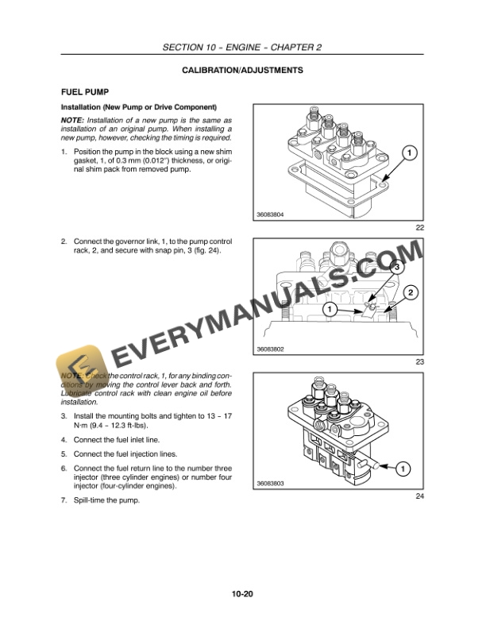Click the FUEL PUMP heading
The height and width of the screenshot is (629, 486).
(86, 92)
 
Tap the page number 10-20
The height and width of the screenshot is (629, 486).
(242, 593)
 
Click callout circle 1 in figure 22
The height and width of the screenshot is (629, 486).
(407, 151)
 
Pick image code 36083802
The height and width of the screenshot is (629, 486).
(272, 349)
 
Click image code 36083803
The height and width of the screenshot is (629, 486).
(272, 483)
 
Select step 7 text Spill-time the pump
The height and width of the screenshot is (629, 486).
(106, 500)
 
